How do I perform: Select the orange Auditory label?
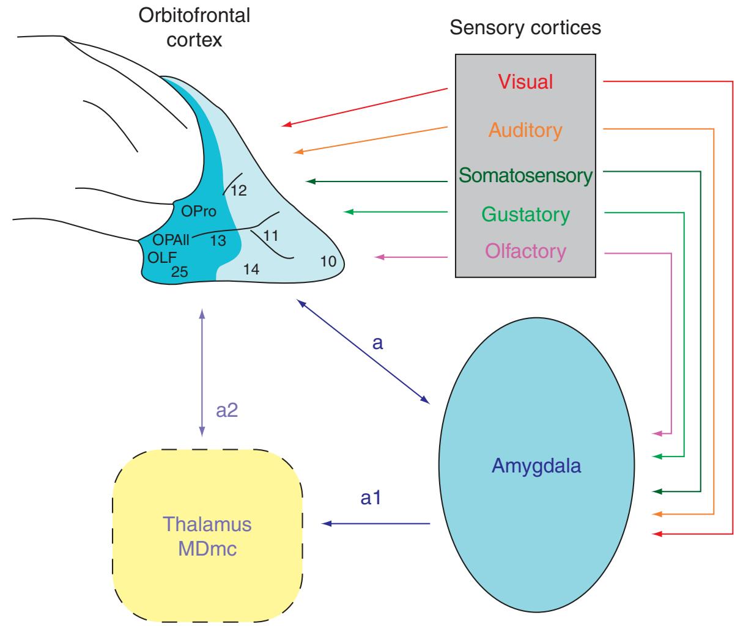pos(525,130)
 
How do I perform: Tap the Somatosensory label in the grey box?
pos(525,175)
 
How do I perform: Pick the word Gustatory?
pos(525,215)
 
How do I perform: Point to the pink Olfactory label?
pos(525,251)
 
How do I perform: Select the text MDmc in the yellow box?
pos(207,549)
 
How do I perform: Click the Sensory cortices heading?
pos(525,28)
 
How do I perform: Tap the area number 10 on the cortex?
pos(328,261)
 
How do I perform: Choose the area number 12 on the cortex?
pos(238,191)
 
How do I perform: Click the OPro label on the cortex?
pos(199,211)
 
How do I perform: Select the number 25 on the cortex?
pos(180,272)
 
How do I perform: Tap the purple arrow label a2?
pos(227,410)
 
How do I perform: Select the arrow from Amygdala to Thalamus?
pos(376,524)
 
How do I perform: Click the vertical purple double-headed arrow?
pos(202,373)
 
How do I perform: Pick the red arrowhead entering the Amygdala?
pos(658,534)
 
